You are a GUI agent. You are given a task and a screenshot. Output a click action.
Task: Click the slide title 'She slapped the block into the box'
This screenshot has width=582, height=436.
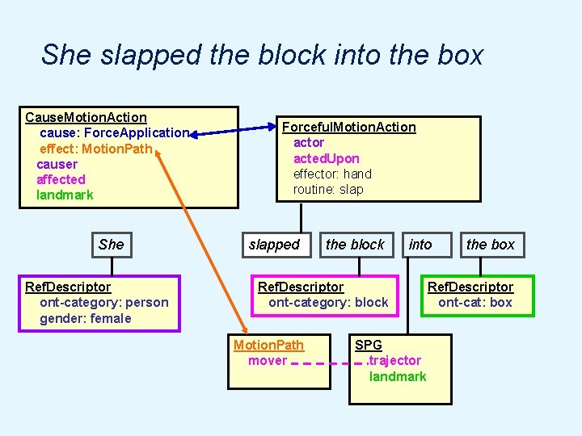click(x=262, y=55)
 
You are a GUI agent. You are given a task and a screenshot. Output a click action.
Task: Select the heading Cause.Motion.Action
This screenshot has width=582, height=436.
click(x=86, y=118)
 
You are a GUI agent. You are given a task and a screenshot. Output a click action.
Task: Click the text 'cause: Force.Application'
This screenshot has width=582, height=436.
click(x=114, y=133)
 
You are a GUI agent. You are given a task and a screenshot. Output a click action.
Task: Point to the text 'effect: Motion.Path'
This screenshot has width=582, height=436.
click(x=95, y=149)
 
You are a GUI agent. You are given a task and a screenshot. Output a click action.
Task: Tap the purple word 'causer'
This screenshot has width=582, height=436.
click(x=57, y=164)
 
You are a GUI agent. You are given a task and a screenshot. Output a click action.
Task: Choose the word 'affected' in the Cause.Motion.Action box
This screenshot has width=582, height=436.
click(x=61, y=179)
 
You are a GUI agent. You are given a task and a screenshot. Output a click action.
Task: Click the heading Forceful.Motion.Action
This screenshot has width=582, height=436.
click(x=348, y=127)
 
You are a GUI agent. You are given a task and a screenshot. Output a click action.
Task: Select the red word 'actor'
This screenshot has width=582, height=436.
click(x=309, y=142)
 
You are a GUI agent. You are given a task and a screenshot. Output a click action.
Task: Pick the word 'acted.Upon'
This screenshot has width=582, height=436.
click(x=327, y=158)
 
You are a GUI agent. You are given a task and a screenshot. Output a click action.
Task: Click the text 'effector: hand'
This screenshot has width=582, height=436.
click(x=332, y=174)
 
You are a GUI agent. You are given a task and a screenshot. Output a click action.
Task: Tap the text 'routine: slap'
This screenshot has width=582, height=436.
click(x=328, y=189)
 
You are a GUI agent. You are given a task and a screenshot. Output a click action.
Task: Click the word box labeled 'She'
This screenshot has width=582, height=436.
click(x=112, y=245)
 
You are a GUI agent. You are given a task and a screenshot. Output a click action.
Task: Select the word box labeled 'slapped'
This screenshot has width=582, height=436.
click(x=274, y=245)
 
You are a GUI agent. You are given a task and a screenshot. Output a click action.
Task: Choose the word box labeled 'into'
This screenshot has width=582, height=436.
click(x=420, y=245)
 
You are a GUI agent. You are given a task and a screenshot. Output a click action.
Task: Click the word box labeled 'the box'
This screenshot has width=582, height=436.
click(x=490, y=245)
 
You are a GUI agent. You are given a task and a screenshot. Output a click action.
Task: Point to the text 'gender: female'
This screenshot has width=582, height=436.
click(x=86, y=318)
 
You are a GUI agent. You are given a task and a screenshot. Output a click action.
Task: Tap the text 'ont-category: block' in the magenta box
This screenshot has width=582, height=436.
click(x=328, y=303)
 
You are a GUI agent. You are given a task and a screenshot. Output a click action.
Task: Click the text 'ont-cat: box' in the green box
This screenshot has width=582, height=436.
click(x=475, y=303)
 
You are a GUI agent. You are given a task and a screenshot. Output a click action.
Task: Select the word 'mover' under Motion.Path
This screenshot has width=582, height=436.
click(x=268, y=361)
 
